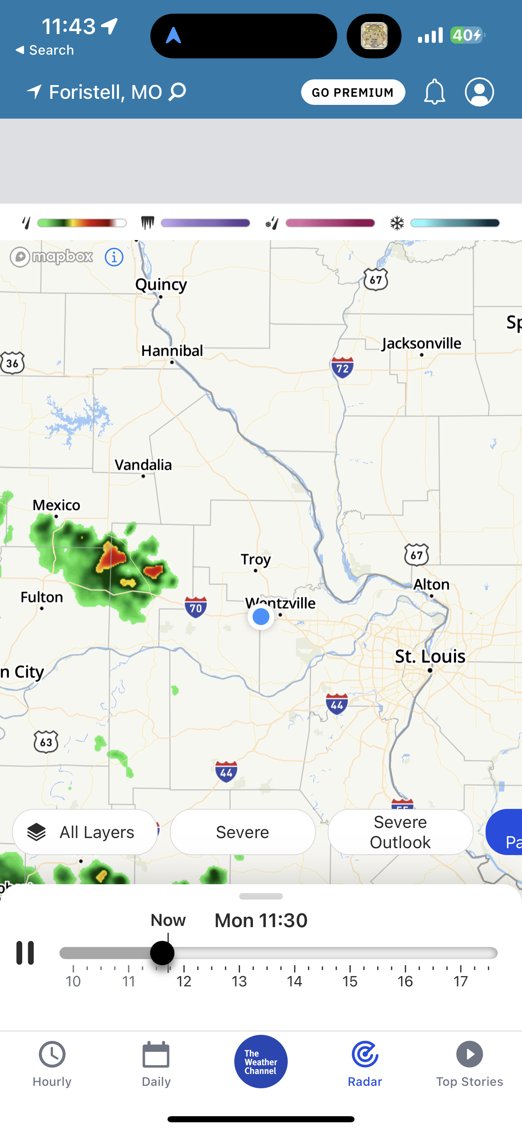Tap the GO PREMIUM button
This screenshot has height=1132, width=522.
tap(353, 92)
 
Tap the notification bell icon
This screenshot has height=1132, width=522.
tap(434, 92)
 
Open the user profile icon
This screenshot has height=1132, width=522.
tap(479, 92)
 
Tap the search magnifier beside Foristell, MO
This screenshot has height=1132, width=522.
tap(178, 92)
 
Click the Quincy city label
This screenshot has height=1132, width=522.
tap(161, 285)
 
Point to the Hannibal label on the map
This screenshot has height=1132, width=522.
tap(172, 351)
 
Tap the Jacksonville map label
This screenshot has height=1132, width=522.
tap(421, 343)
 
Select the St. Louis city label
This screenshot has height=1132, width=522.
tap(430, 657)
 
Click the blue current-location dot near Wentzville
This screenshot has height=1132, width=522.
tap(261, 617)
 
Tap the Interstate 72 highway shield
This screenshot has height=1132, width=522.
tap(342, 367)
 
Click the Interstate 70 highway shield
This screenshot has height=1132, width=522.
tap(195, 607)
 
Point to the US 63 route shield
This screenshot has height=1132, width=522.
tap(46, 742)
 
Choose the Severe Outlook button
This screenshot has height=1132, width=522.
tap(400, 832)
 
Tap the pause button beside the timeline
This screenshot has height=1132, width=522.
tap(25, 953)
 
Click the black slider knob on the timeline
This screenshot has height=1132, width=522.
tap(162, 953)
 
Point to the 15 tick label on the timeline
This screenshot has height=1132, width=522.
tap(350, 981)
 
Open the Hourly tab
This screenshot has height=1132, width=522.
tap(52, 1064)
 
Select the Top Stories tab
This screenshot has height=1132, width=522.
tap(469, 1064)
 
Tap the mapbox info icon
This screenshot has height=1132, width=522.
tap(114, 257)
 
